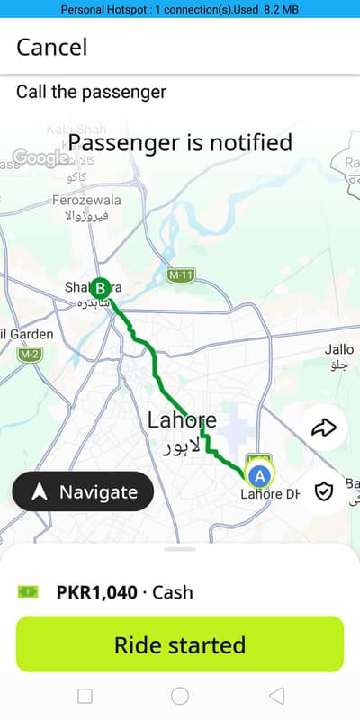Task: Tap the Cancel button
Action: tap(52, 47)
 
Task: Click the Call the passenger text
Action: tap(91, 92)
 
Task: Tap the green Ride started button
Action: tap(180, 644)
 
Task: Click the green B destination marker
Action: tap(102, 288)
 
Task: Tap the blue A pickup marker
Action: tap(259, 475)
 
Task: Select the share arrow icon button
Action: tap(322, 427)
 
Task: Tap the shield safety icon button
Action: tap(323, 490)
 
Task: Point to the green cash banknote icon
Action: tap(29, 591)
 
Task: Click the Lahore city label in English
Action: tap(182, 419)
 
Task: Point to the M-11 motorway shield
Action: tap(181, 273)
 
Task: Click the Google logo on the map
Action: tap(41, 158)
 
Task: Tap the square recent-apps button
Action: tap(85, 695)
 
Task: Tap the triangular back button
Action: tap(276, 695)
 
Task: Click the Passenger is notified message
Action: tap(180, 142)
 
